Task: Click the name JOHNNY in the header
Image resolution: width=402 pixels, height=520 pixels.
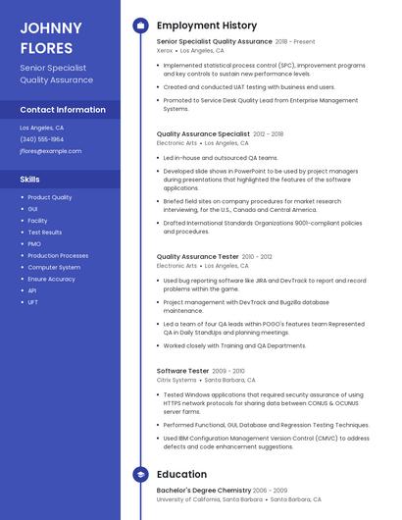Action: pos(51,27)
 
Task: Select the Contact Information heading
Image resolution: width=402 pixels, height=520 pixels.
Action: pos(63,110)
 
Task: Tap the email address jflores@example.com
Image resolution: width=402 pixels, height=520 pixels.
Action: pos(51,151)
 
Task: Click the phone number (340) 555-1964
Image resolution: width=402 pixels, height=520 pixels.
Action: pos(42,139)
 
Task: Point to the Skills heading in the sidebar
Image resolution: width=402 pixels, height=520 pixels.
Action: pos(30,180)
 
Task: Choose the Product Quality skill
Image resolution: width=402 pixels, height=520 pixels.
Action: pos(50,197)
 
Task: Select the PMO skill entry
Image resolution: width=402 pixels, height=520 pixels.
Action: pos(34,243)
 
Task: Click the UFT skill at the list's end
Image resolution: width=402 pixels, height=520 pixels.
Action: pos(33,302)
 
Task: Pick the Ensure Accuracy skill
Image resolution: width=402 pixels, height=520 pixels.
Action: pos(51,279)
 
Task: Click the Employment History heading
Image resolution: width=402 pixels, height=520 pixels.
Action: pos(207,26)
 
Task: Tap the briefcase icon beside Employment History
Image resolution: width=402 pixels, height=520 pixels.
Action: pos(140,26)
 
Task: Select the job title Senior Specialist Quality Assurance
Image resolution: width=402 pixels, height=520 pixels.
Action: pos(214,42)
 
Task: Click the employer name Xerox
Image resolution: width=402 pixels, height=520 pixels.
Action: pos(164,50)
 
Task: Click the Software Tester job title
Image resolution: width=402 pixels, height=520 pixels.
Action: pos(183,371)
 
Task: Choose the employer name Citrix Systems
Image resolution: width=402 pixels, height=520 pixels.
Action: pos(176,380)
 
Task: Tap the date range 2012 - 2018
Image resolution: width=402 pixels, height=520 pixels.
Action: pos(268,133)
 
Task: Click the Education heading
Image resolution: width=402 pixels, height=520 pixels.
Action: pos(182,474)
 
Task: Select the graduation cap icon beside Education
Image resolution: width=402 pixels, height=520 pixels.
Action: pos(140,474)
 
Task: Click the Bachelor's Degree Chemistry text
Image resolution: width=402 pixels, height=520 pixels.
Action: pos(203,490)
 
